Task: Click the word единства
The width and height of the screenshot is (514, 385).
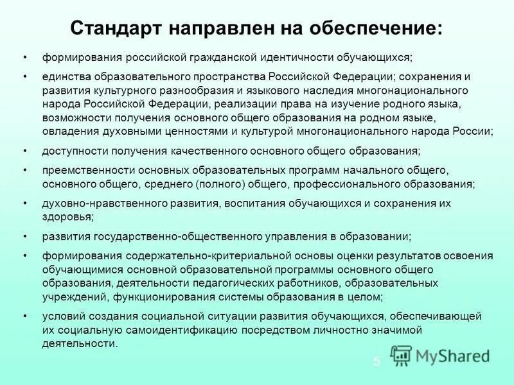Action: pyautogui.click(x=66, y=76)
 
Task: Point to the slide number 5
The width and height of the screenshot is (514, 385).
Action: pyautogui.click(x=377, y=362)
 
